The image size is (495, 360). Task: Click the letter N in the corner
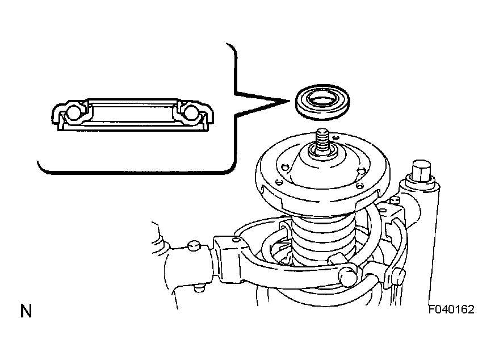click(26, 311)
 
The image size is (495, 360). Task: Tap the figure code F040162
click(451, 309)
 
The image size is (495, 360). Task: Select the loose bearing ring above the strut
click(322, 102)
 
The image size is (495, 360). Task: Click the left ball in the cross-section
click(74, 113)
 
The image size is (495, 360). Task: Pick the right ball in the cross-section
click(191, 113)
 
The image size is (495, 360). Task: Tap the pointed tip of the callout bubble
click(289, 101)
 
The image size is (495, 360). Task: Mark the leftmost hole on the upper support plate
click(278, 182)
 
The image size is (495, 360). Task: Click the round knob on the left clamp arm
click(194, 245)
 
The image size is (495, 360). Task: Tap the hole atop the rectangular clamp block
click(235, 240)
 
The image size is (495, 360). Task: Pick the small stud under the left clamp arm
click(198, 288)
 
